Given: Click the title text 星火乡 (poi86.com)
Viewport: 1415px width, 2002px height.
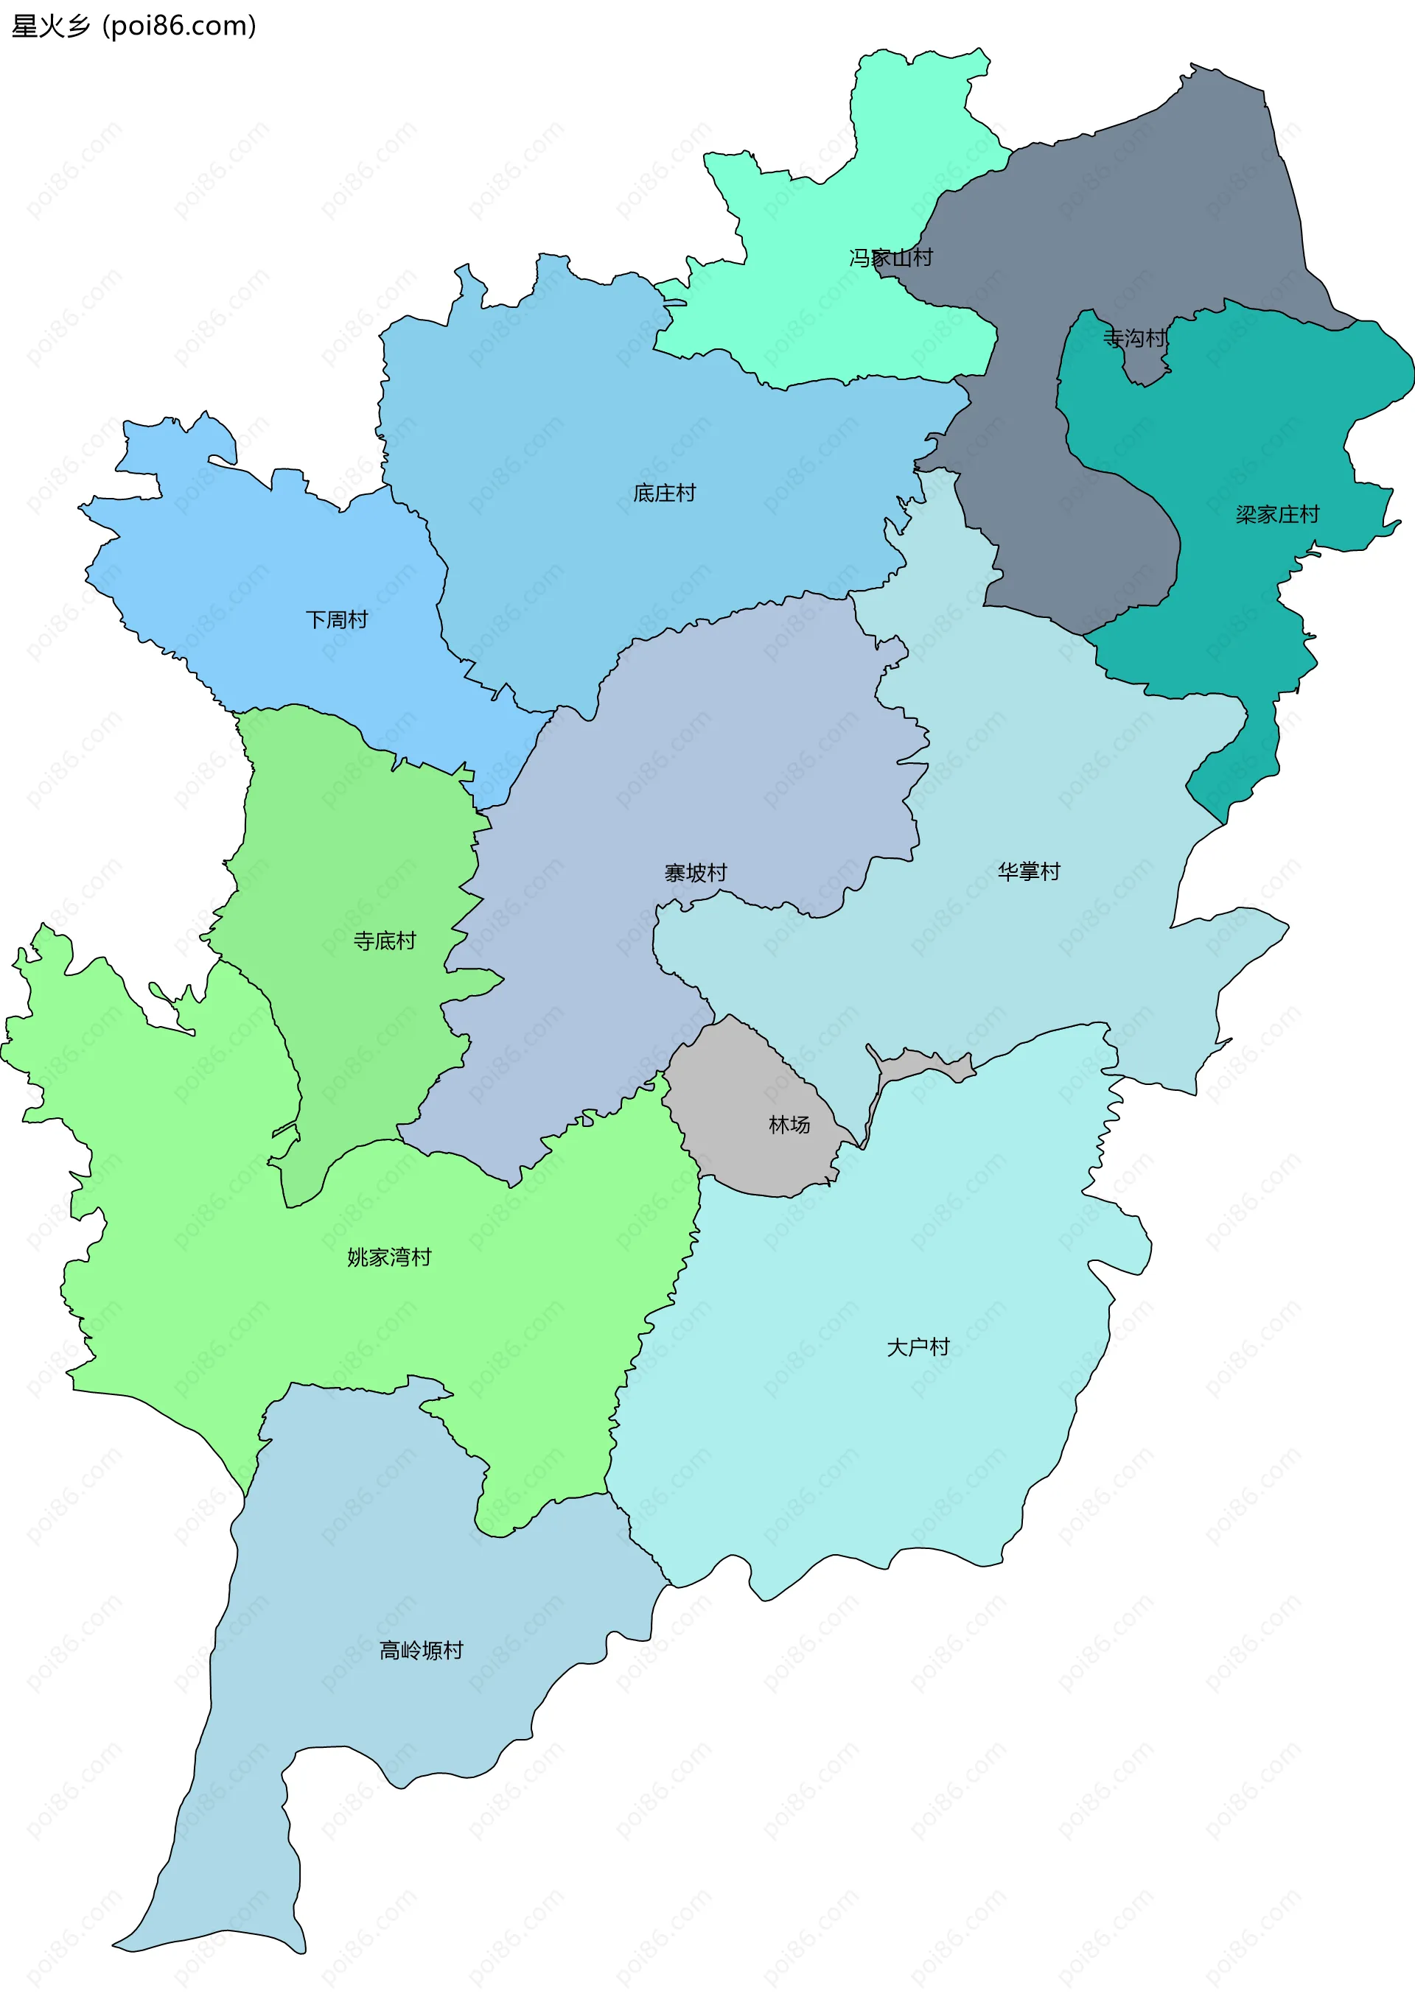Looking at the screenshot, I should point(133,27).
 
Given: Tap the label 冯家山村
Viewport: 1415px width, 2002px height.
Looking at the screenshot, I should point(891,257).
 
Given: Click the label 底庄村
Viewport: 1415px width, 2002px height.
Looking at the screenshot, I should point(664,494).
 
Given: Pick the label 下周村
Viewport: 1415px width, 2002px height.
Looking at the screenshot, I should point(337,620).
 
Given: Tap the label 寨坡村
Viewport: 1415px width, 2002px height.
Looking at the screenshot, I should point(695,873).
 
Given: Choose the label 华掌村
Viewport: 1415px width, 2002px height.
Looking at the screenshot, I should point(1029,871).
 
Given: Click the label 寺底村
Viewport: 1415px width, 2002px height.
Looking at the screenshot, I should point(385,941).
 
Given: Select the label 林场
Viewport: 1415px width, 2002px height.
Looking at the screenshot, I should point(789,1125).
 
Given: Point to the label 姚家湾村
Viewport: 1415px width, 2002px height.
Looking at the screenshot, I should point(389,1257).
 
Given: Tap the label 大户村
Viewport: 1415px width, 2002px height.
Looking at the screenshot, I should point(918,1347).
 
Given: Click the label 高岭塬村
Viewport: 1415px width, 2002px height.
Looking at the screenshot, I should point(422,1651).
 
